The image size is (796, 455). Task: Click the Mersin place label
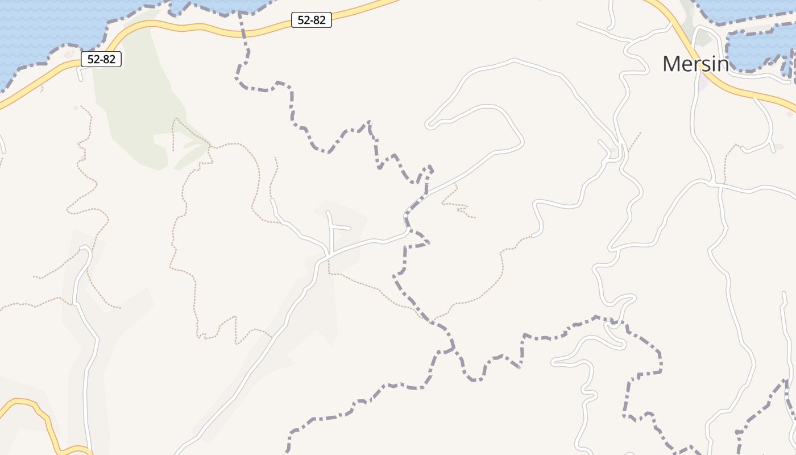pos(695,64)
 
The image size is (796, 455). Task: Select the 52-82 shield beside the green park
pos(101,59)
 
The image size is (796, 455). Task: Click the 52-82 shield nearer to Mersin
pos(311,20)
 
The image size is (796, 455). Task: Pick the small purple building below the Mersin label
pos(701,85)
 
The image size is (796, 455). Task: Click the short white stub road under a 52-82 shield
pos(80,75)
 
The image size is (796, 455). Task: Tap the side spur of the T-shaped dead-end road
pos(342,227)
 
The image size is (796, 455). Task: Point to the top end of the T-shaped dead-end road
pos(328,213)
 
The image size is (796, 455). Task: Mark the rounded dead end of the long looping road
pos(430,123)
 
